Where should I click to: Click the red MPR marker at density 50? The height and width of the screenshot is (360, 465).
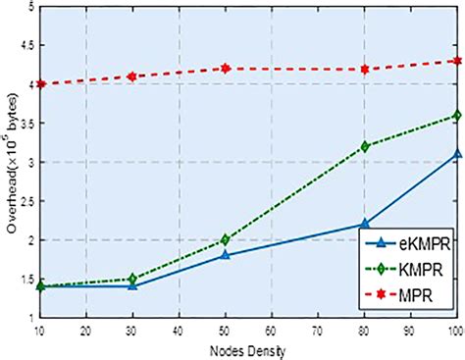(225, 68)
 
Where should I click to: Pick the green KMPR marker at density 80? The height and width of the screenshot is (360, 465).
(365, 146)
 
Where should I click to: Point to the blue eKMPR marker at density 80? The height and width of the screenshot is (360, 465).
(365, 224)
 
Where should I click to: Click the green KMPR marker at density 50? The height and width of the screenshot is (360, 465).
(225, 239)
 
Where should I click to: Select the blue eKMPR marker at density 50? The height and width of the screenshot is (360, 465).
(225, 255)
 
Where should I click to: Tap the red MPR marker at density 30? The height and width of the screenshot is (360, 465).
(130, 76)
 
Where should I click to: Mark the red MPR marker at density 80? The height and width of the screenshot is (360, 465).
(365, 69)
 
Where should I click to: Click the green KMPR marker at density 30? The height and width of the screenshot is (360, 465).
(130, 279)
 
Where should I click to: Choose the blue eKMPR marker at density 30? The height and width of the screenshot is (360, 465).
(130, 286)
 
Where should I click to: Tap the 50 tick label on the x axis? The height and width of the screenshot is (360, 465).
(225, 331)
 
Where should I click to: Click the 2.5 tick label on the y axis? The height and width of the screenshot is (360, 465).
(26, 201)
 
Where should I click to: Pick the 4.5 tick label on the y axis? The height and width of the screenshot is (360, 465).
(26, 45)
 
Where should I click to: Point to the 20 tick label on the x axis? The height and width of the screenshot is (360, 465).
(84, 331)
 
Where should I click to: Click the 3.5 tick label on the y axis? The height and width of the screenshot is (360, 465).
(26, 124)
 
